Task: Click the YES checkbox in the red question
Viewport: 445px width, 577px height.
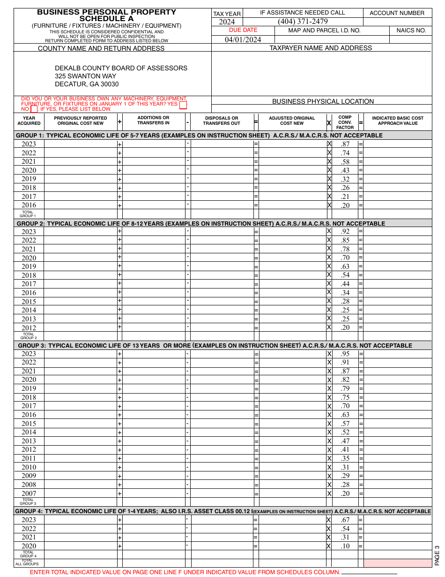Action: [183, 105]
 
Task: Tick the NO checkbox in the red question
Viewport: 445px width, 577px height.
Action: [34, 109]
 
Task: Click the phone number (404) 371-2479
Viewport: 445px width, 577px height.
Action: [303, 22]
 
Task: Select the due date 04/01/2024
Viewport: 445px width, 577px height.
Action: [243, 39]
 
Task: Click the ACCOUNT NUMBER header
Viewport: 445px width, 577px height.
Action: [397, 13]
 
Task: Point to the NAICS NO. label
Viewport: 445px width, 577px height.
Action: [411, 30]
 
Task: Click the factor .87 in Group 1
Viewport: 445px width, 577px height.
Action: [345, 144]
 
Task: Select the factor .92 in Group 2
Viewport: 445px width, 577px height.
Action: [345, 231]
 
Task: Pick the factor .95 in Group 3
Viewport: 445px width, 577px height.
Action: [345, 354]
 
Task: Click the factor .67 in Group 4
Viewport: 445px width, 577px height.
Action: [345, 520]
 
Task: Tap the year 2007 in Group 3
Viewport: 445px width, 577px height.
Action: [29, 493]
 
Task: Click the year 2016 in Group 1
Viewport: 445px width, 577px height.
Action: [29, 205]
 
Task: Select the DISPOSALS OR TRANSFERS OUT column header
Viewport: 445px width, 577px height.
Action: [222, 121]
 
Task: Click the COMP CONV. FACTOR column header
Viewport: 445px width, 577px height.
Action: [345, 122]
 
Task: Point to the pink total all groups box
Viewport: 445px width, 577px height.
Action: [397, 563]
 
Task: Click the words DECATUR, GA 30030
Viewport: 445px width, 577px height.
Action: [87, 84]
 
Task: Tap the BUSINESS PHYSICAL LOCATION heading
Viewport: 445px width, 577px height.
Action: [323, 101]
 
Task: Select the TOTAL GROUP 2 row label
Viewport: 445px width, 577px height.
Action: [29, 336]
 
